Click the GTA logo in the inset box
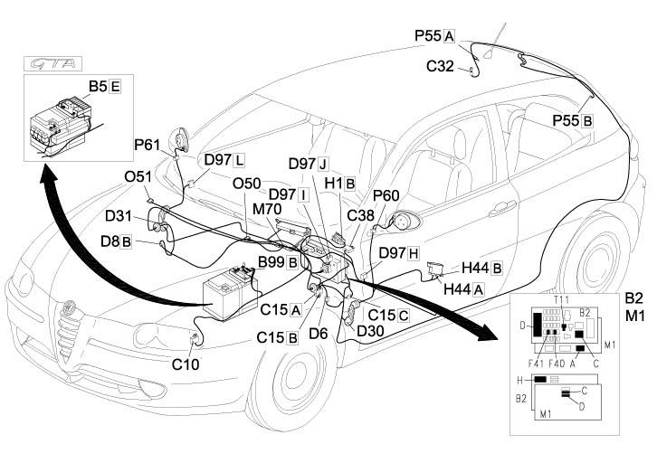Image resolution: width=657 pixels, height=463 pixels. pyautogui.click(x=51, y=65)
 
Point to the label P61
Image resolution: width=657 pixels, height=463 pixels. pyautogui.click(x=147, y=144)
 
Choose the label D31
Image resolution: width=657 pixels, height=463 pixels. pyautogui.click(x=119, y=216)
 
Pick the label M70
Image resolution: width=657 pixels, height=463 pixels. pyautogui.click(x=267, y=209)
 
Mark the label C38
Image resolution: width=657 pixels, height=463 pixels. pyautogui.click(x=360, y=215)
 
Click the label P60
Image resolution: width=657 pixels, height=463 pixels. pyautogui.click(x=386, y=195)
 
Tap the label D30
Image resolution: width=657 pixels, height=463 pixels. pyautogui.click(x=372, y=331)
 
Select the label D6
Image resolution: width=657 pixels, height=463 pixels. pyautogui.click(x=319, y=333)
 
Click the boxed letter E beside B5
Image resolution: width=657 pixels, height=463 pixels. pyautogui.click(x=115, y=87)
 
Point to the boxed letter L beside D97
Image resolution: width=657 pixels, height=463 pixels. pyautogui.click(x=239, y=160)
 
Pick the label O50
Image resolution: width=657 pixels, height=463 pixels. pyautogui.click(x=247, y=184)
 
